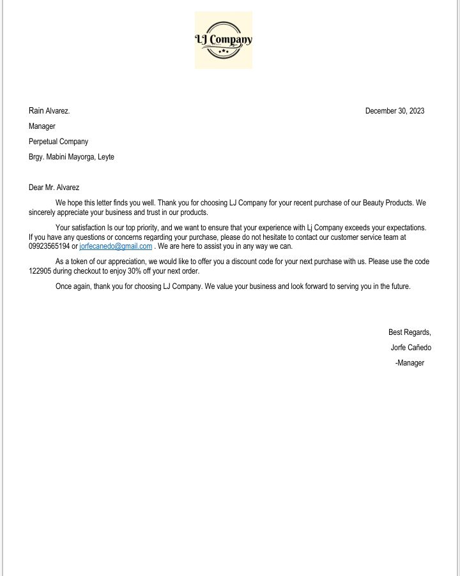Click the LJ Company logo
[224, 40]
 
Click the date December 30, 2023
[394, 111]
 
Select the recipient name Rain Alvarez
[49, 111]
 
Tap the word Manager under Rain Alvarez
[42, 126]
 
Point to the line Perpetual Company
[58, 142]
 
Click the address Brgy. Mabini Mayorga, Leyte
[72, 157]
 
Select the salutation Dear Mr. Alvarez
[54, 188]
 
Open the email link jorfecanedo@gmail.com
[116, 246]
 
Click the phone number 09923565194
[49, 246]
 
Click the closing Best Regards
[410, 332]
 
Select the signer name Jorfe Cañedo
[411, 348]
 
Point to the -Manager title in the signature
[410, 363]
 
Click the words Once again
[73, 286]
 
